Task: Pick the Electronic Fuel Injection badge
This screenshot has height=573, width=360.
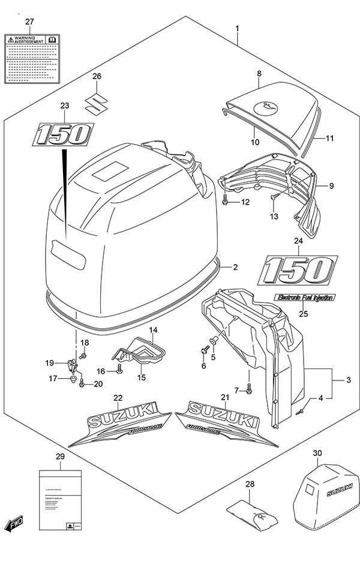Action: coord(304,297)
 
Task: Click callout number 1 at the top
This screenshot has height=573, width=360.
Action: coord(238,28)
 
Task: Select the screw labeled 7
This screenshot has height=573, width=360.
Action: coord(250,390)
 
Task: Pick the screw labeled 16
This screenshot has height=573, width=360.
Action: coord(119,371)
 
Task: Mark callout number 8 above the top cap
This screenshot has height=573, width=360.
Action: coord(259,73)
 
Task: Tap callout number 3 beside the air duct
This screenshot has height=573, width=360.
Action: coord(347,379)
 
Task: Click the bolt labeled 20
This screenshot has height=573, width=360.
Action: coord(82,382)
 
